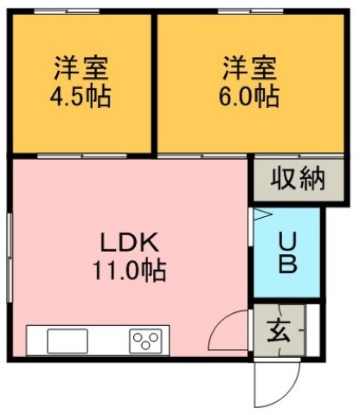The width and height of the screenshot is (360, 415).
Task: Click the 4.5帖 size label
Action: (x=80, y=96)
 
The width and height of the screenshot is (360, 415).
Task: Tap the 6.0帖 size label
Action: (x=248, y=96)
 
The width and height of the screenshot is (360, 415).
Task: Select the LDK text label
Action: (x=129, y=243)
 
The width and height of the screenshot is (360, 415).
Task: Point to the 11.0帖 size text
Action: (x=129, y=271)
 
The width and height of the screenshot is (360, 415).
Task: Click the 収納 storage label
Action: (x=298, y=179)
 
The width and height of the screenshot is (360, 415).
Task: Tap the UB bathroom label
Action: (x=287, y=252)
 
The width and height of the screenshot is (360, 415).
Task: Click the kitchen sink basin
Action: (x=67, y=341)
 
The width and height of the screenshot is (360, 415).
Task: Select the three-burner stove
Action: (x=145, y=341)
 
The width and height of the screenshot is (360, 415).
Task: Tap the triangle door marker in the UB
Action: (x=262, y=214)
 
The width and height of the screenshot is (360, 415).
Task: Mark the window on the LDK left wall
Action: (x=10, y=258)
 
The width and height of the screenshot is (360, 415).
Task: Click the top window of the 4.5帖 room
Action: (x=67, y=11)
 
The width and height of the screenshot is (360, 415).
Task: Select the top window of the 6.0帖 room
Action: (x=251, y=11)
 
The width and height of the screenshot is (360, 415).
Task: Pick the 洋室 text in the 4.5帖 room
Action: (x=81, y=68)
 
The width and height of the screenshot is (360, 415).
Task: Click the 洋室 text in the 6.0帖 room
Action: (x=249, y=68)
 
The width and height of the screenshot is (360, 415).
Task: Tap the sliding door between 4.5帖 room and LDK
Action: (x=82, y=156)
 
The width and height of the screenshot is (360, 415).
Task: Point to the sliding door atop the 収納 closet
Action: (x=299, y=156)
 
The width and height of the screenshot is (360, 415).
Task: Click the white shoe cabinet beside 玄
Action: (x=312, y=330)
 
